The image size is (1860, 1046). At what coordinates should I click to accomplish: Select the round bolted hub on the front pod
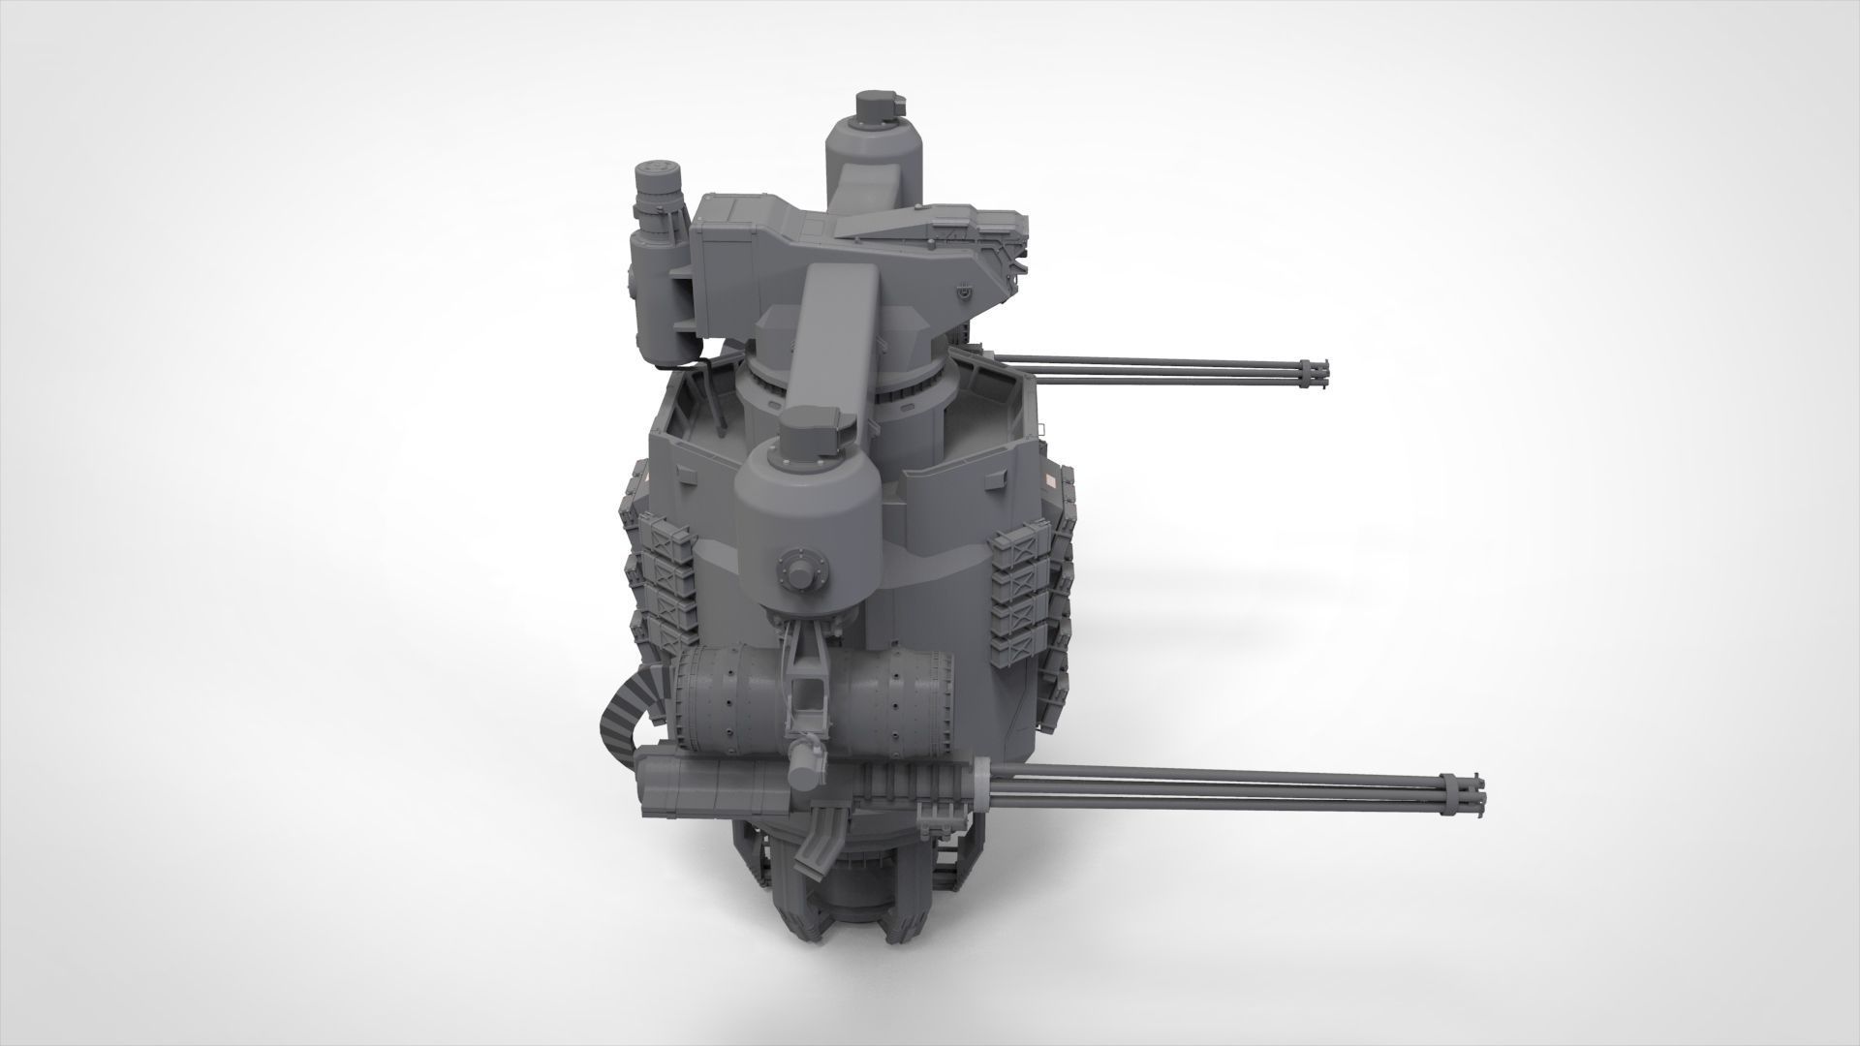801,570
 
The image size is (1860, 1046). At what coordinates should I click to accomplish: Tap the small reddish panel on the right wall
1052,480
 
